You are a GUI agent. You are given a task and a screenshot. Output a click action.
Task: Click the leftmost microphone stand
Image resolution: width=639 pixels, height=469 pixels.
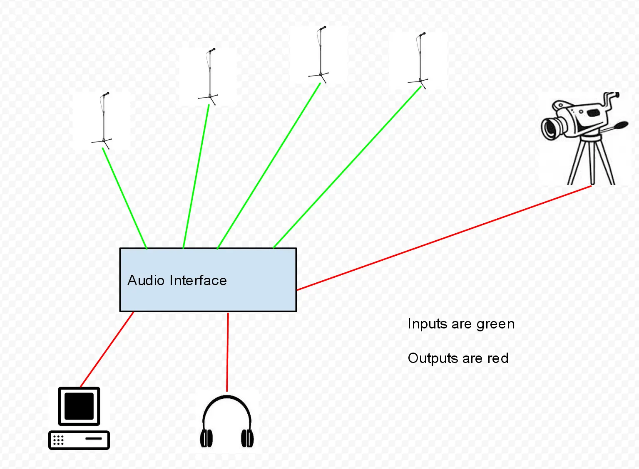103,121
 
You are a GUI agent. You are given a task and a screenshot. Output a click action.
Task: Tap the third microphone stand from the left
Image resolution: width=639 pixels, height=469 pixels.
320,54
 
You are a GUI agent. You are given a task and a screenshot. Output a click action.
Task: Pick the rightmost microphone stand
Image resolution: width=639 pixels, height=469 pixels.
420,60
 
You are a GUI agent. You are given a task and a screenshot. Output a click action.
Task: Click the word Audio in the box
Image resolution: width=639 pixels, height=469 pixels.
146,281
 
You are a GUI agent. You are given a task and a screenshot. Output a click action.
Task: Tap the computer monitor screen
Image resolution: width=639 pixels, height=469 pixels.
79,406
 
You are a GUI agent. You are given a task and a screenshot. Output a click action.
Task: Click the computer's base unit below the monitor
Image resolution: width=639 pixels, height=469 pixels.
79,440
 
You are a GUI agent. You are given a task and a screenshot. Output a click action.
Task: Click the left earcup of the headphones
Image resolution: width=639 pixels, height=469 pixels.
206,438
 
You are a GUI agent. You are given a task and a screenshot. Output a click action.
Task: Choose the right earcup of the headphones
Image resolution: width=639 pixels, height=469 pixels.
247,438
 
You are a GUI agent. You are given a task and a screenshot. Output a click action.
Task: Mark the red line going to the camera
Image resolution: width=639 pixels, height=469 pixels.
443,238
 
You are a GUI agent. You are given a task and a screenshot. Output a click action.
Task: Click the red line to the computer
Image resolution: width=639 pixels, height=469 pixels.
107,349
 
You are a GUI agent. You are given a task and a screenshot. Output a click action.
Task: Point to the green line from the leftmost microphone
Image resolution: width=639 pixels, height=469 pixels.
124,198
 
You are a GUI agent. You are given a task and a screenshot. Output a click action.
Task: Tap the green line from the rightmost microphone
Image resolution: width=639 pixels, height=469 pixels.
347,167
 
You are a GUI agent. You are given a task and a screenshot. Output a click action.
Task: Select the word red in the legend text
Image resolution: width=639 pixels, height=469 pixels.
498,358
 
